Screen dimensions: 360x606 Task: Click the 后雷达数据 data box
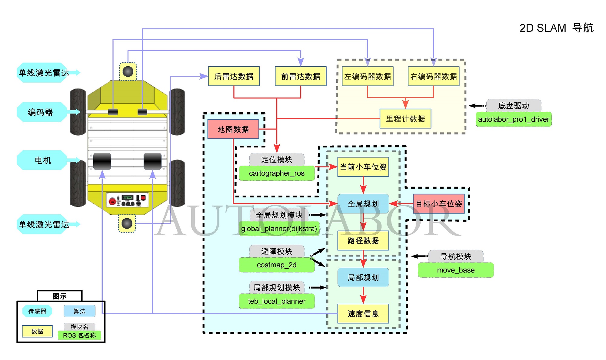pos(234,76)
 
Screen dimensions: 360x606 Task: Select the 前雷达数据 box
pos(301,76)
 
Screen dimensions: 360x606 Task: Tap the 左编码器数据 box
pos(368,76)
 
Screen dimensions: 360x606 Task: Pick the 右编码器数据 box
pos(434,76)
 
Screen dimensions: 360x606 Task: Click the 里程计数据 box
pos(405,119)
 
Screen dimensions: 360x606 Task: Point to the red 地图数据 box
pos(233,129)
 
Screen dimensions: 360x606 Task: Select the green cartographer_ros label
pos(277,173)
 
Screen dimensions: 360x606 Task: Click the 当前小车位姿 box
pos(363,167)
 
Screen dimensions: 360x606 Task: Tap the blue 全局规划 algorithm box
pos(363,204)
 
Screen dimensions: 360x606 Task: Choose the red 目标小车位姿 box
pos(439,204)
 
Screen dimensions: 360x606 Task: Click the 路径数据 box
pos(363,241)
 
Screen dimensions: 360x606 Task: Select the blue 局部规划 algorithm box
pos(363,277)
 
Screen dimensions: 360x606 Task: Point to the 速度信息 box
pos(363,314)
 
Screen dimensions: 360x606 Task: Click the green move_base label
pos(456,270)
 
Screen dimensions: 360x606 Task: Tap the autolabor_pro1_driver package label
pos(514,119)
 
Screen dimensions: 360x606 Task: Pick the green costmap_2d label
pos(277,265)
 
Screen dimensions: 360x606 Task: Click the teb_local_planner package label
pos(277,301)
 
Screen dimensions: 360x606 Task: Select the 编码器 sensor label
pos(41,112)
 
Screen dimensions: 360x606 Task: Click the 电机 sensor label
pos(42,160)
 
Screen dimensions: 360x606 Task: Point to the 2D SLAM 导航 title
pos(556,28)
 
